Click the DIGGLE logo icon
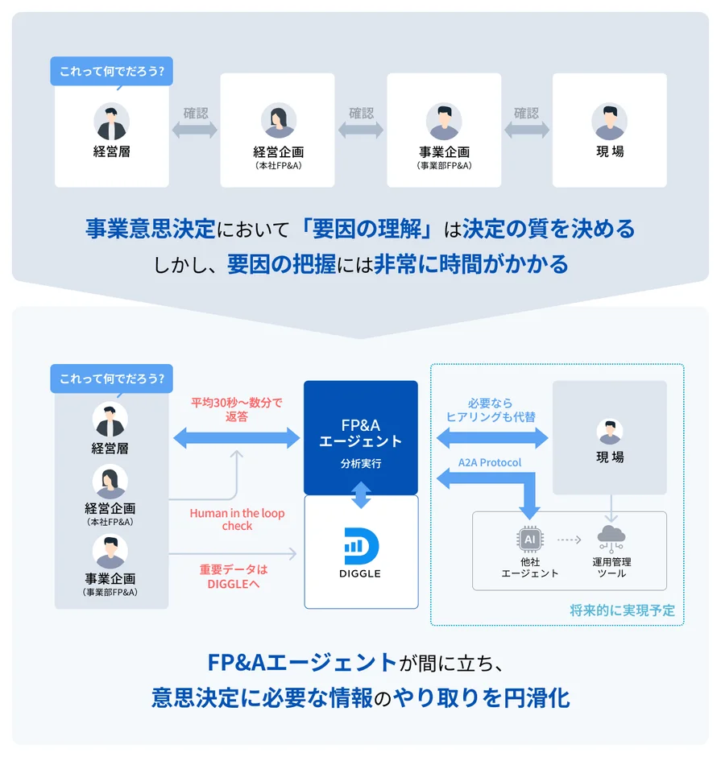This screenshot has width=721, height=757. [361, 546]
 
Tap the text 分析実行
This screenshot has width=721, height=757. [361, 465]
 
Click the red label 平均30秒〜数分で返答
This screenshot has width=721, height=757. [236, 410]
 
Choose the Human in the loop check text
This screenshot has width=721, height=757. [237, 519]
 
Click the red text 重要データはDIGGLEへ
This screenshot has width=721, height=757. [234, 576]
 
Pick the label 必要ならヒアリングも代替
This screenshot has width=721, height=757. [491, 410]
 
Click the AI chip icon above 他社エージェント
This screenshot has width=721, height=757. [529, 538]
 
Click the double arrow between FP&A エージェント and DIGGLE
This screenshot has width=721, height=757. [361, 494]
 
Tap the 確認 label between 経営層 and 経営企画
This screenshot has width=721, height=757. [196, 114]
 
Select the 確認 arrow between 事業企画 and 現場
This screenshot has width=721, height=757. [526, 129]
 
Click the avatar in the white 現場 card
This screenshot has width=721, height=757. [609, 122]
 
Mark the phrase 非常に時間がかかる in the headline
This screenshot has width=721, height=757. [471, 264]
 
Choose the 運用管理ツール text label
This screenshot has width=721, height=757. [612, 567]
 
